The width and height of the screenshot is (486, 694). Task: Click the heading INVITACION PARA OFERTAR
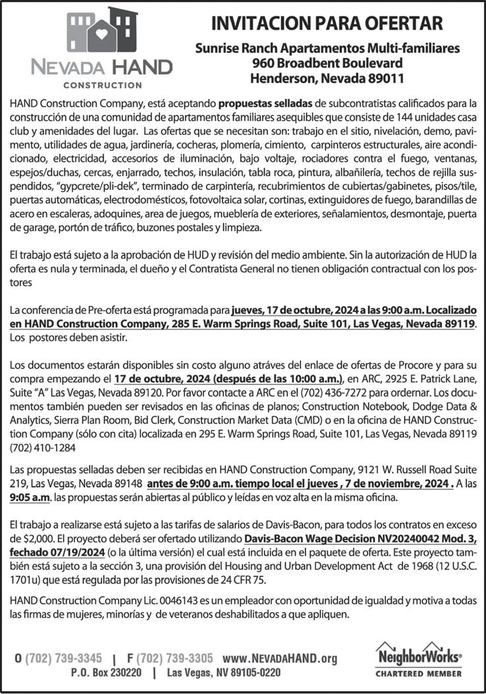coord(327,25)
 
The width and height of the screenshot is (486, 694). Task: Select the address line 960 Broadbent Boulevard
coord(327,63)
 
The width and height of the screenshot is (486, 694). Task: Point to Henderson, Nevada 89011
coord(327,78)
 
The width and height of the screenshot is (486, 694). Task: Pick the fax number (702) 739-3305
coord(175,658)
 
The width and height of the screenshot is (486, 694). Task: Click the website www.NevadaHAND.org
coord(280,658)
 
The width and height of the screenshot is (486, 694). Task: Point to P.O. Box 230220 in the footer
coord(106,674)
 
